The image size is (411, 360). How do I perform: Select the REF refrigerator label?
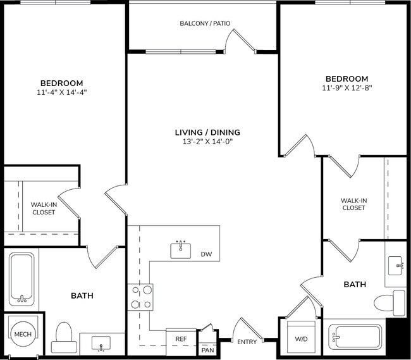pos(181,339)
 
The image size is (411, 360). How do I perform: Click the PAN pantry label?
pos(207,349)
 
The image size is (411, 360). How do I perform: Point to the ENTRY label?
pos(247,342)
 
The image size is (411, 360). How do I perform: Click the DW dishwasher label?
pos(206,254)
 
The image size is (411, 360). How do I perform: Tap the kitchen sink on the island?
pos(181,250)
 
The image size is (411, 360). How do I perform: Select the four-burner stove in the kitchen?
pos(141,297)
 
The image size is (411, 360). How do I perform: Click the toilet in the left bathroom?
pos(64,337)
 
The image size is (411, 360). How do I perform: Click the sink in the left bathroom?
pos(102,343)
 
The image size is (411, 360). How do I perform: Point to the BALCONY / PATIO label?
pos(204,23)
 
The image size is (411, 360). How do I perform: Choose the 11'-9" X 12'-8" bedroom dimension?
pos(347,88)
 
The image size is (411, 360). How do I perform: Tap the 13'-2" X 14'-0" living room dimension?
pos(207,142)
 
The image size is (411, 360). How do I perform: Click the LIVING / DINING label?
pos(207,132)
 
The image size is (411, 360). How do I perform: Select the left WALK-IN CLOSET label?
pos(43,208)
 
